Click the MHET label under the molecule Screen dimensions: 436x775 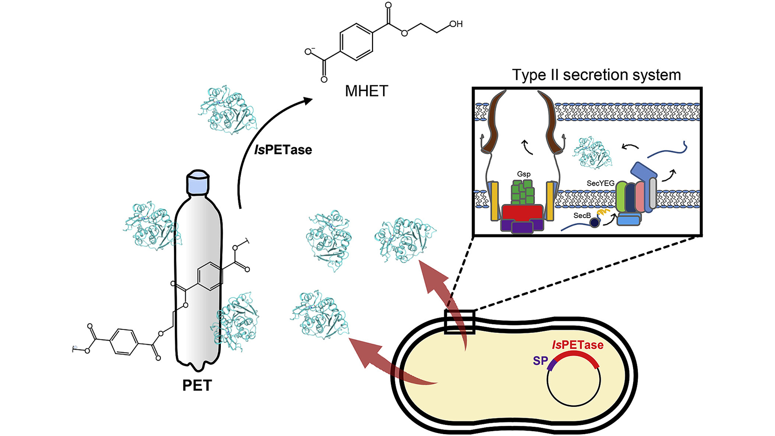pos(366,91)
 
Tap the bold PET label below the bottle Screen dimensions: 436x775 pos(197,385)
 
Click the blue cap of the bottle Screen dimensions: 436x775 pos(198,183)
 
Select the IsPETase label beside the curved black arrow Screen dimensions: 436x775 pos(283,150)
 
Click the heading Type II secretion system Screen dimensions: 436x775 pos(596,75)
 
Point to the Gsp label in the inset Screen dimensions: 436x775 pos(524,174)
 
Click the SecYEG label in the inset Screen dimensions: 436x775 pos(600,183)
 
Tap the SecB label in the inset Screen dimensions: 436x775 pos(582,215)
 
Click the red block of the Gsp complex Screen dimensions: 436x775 pos(522,212)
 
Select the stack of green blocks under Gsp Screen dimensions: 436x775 pos(523,192)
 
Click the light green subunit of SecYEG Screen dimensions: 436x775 pos(621,197)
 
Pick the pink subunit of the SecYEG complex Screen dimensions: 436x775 pos(640,197)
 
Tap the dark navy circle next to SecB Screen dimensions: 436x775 pos(594,222)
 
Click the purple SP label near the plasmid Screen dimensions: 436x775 pos(540,361)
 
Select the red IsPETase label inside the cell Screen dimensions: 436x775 pos(577,345)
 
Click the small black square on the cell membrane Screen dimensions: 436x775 pos(459,322)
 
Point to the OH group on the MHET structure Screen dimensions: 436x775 pos(456,24)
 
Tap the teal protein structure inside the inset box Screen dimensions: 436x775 pos(592,153)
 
